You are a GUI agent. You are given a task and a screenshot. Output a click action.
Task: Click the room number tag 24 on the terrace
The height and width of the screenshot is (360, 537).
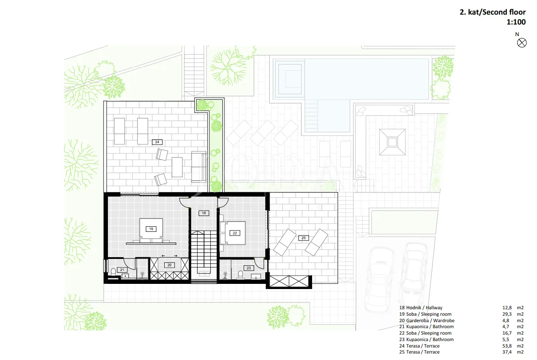coord(157,142)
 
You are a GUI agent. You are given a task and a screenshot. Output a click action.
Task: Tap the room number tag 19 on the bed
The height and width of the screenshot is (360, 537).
coord(151,229)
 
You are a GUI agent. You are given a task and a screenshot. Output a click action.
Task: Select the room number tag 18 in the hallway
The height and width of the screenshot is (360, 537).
coord(204,213)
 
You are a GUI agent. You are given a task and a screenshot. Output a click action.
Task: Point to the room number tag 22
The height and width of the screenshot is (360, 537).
coord(235,233)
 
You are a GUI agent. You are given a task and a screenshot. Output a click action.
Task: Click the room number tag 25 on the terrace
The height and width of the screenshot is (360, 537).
coord(304,238)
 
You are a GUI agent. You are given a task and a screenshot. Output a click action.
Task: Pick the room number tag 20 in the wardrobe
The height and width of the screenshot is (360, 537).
coord(169,265)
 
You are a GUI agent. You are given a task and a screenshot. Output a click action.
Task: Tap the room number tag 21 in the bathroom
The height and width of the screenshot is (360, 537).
coord(122,270)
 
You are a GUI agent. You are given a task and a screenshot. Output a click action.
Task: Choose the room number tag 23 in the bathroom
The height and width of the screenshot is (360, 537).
coord(249,268)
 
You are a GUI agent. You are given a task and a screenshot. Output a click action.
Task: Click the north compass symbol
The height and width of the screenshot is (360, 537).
coord(522,43)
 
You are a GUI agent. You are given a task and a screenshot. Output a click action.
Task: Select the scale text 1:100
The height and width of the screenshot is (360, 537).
coord(516,22)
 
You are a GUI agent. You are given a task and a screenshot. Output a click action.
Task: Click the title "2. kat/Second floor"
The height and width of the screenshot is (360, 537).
coord(492,12)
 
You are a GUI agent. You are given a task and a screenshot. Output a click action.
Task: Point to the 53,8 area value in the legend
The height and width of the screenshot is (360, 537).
coord(507,346)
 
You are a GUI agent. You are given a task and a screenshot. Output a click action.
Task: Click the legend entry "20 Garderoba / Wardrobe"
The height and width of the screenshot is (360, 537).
coord(427,320)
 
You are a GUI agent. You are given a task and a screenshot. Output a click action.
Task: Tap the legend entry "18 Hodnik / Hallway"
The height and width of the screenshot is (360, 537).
coord(421,308)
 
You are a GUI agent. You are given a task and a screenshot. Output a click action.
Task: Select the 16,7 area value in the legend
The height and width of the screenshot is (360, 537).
coord(507,333)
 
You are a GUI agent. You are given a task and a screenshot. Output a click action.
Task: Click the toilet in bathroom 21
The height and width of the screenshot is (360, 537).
coord(114,272)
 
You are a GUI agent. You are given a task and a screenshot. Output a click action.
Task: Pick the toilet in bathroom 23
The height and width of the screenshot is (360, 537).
coord(240,274)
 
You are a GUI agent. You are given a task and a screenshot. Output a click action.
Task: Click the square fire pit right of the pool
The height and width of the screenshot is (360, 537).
coord(393,142)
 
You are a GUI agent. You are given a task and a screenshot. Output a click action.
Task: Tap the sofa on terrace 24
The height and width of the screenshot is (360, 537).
coord(199,167)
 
